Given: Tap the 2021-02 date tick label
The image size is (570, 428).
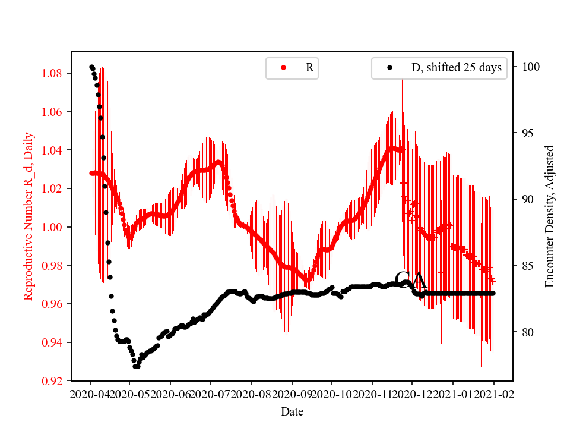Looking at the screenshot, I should point(493,394).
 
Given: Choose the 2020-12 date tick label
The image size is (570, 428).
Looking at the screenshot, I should point(411,394).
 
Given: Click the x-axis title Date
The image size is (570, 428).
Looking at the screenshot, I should point(292,411).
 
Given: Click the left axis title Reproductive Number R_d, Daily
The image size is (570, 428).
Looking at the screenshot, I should point(28,216).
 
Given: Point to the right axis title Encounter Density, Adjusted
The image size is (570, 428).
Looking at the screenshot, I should point(549,216).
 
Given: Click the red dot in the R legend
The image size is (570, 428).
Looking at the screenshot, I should point(283,68).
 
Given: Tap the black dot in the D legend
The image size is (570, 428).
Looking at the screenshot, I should point(389,68).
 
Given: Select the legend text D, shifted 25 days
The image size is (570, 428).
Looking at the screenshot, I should point(457,68).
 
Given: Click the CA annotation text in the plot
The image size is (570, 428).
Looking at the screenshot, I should point(410,281).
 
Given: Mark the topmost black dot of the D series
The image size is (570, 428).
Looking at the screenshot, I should point(91,67).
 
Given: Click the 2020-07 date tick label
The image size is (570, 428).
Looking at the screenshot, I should point(210,394).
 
